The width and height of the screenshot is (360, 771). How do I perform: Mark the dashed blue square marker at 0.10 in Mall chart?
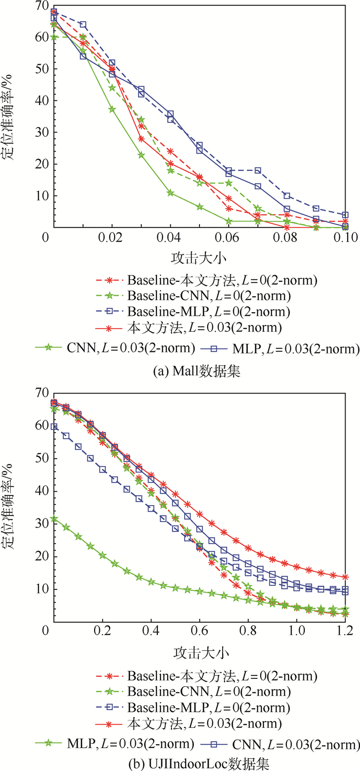click(x=345, y=214)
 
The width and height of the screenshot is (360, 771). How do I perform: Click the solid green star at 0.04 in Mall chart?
click(x=170, y=193)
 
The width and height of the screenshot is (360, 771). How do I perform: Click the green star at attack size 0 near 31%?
click(x=54, y=519)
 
